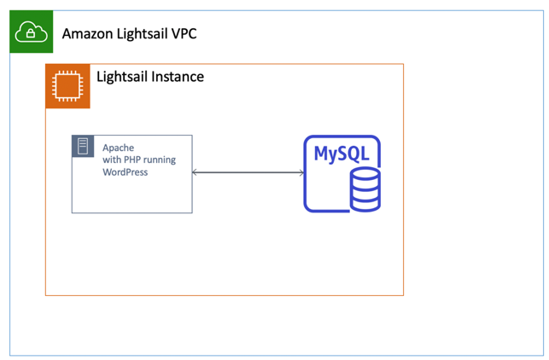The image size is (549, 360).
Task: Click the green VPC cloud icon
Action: point(31,32)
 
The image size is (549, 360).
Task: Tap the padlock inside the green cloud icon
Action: point(31,34)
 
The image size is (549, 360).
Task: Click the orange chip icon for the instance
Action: point(67,86)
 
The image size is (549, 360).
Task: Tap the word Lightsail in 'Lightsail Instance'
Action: point(122,77)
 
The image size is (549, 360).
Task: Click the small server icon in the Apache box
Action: point(83,146)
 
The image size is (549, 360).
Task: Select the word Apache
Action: point(118,148)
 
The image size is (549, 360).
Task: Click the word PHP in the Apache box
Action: point(131,160)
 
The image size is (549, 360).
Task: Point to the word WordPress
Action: point(125,172)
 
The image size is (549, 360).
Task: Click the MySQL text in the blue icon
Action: point(341,154)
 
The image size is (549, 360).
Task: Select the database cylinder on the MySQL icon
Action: point(365,189)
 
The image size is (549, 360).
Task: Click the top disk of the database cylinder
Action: point(365,175)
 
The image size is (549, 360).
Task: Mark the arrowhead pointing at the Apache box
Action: point(196,173)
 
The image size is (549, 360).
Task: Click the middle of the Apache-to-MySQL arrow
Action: point(248,173)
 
